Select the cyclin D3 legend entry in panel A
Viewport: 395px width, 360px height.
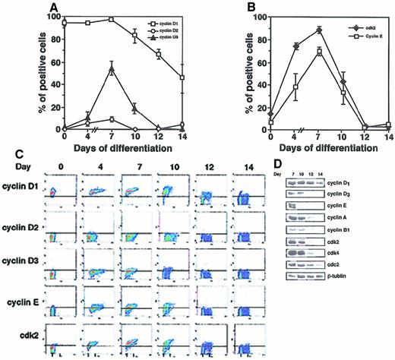[x=160, y=37]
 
